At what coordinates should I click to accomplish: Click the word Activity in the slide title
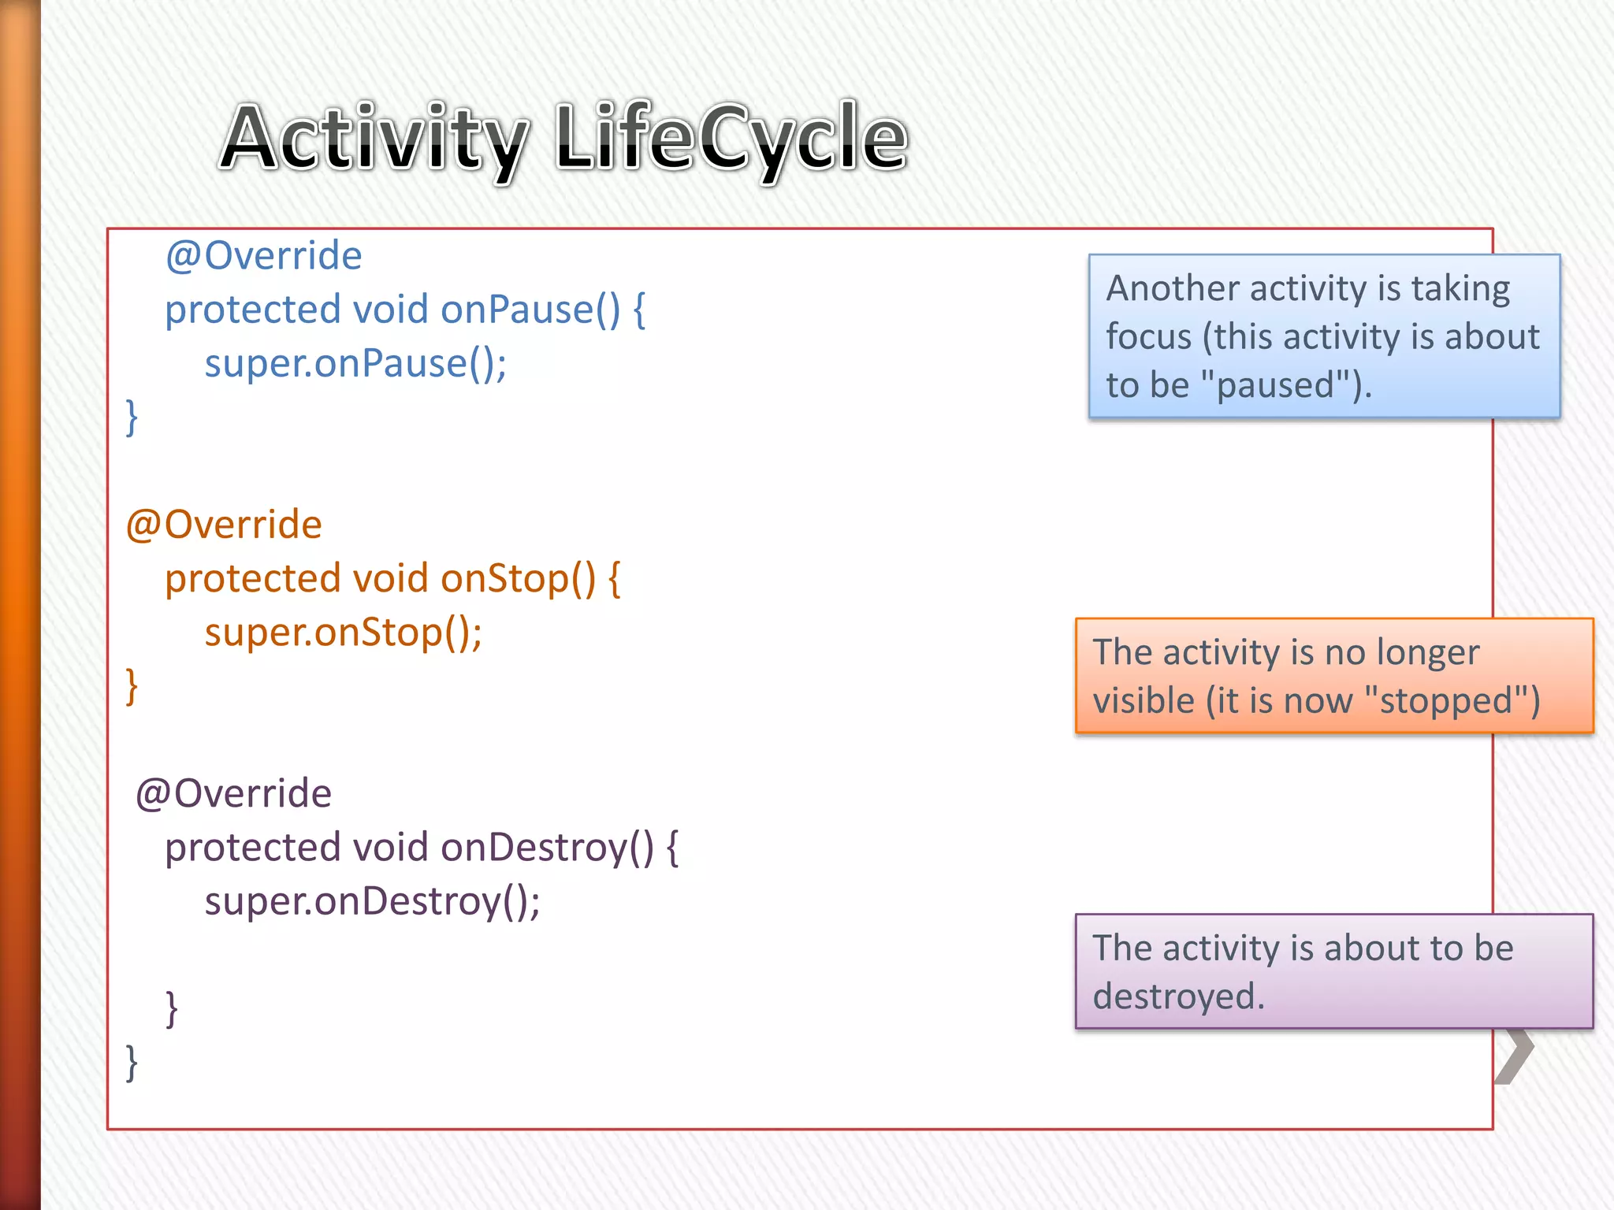[x=374, y=139]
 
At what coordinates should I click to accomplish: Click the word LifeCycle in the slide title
[x=731, y=139]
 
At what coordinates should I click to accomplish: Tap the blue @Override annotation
[x=263, y=256]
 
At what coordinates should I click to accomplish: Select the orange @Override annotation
[x=224, y=525]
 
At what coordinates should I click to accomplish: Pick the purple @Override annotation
[x=233, y=793]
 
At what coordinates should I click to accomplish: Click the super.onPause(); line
[x=355, y=364]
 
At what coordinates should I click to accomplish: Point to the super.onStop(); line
[x=344, y=633]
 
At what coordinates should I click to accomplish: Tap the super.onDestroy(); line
[x=373, y=901]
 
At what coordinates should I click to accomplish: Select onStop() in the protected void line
[x=518, y=579]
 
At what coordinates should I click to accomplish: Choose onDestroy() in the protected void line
[x=547, y=848]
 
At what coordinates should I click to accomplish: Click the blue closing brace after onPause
[x=132, y=418]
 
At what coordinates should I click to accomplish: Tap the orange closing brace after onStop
[x=132, y=686]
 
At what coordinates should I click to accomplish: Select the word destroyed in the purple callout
[x=1178, y=997]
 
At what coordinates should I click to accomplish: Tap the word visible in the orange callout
[x=1144, y=700]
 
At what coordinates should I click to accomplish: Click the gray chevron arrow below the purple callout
[x=1515, y=1056]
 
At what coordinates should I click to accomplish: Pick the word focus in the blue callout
[x=1148, y=337]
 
